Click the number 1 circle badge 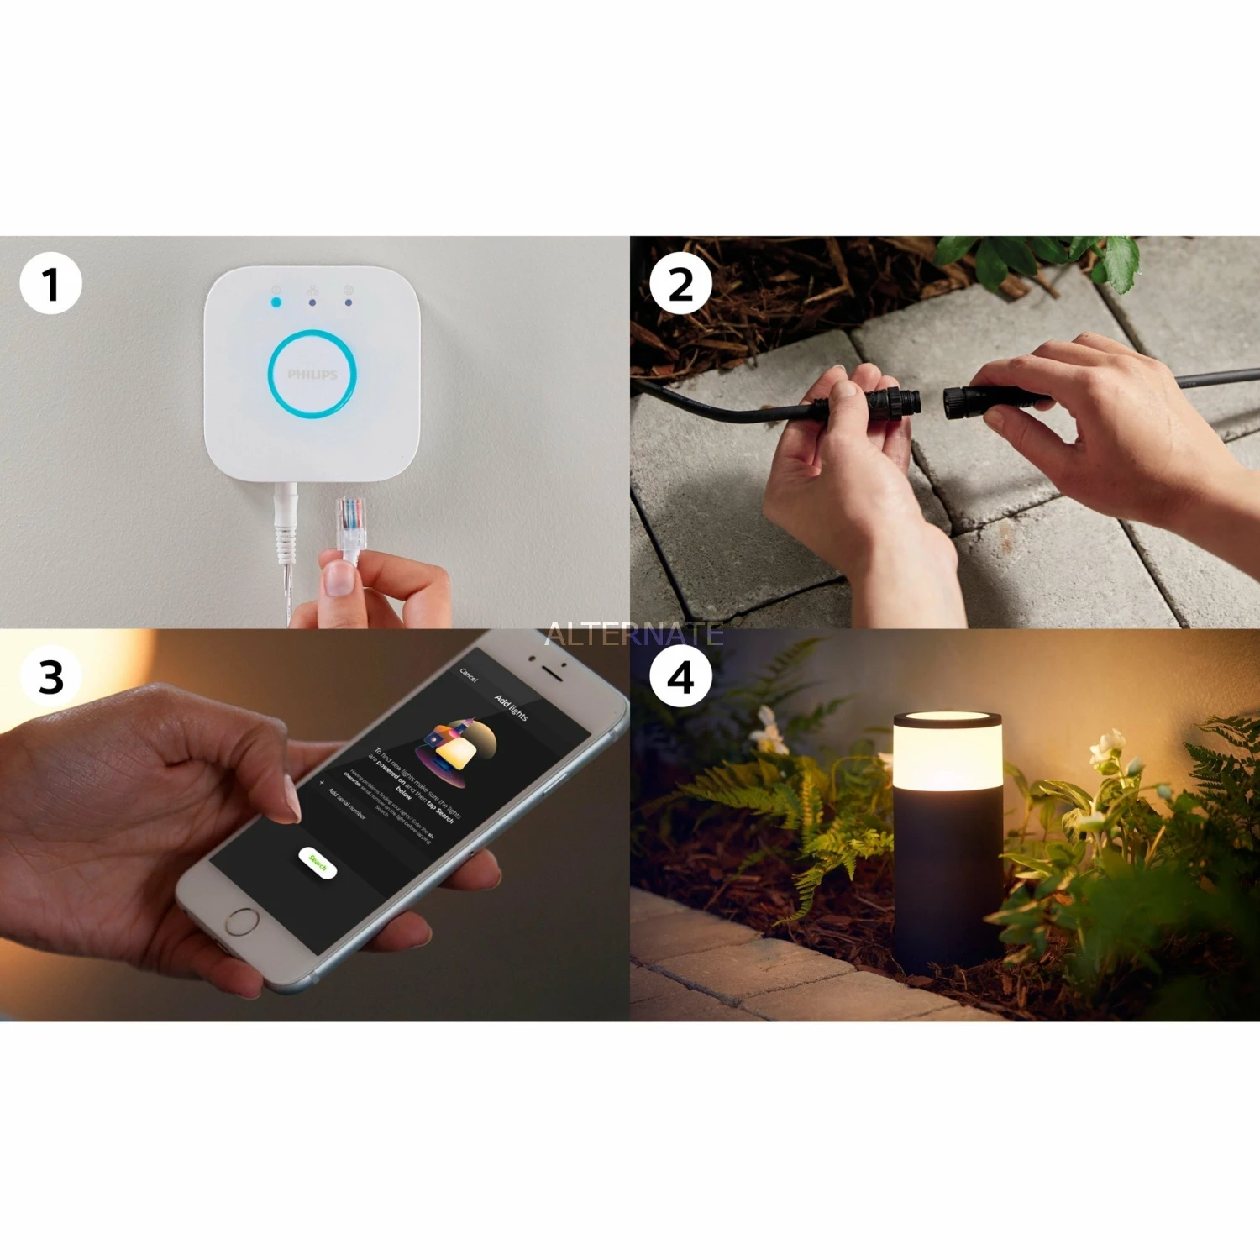click(x=50, y=284)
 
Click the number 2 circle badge click(x=680, y=284)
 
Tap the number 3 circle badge click(x=50, y=677)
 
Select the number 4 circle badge click(x=680, y=677)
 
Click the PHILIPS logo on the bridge click(x=312, y=375)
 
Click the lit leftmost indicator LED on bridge click(x=276, y=301)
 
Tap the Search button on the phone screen click(x=318, y=863)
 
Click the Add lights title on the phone click(x=511, y=707)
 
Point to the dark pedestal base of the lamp click(x=947, y=882)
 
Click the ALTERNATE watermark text click(x=634, y=634)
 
